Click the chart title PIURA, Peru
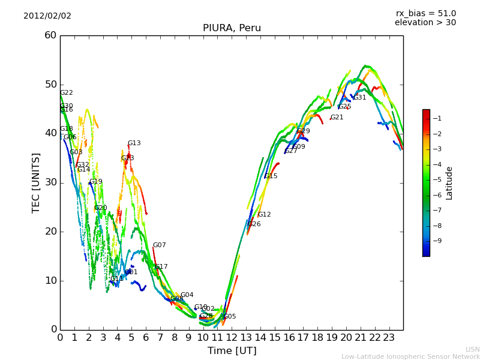(232, 28)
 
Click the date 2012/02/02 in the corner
(47, 16)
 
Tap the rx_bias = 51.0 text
(425, 13)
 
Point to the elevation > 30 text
(425, 23)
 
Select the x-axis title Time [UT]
(232, 351)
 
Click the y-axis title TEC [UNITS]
(37, 182)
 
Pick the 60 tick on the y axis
(50, 35)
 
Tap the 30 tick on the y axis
(50, 182)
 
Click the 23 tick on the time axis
(389, 338)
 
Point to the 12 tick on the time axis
(232, 338)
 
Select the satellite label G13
(134, 143)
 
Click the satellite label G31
(359, 98)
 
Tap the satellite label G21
(337, 118)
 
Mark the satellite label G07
(159, 245)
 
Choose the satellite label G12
(264, 214)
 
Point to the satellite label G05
(229, 317)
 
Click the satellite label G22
(66, 93)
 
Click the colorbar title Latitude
(449, 182)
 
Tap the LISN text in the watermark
(472, 349)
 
